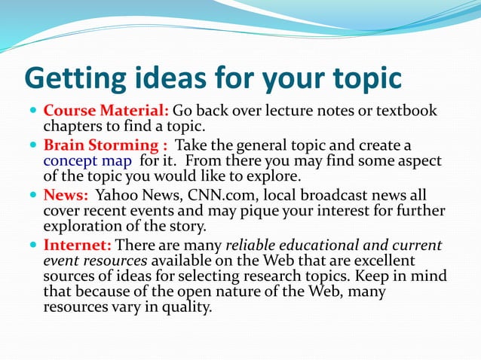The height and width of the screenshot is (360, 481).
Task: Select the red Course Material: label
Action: pos(106,111)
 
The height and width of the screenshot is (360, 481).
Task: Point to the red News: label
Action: pos(66,194)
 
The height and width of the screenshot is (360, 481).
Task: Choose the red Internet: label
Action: pos(78,245)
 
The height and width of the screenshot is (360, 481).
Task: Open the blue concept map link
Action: pos(87,160)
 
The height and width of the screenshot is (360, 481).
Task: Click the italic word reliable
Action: pos(256,245)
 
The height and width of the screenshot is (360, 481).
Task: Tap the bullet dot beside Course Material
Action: pos(32,111)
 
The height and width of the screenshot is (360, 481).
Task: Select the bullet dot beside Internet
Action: pos(32,246)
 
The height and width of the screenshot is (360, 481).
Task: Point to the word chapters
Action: pos(72,127)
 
